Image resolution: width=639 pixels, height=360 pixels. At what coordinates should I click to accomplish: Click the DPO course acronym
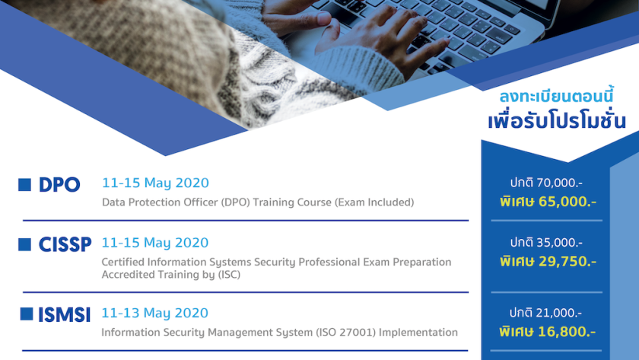point(59,185)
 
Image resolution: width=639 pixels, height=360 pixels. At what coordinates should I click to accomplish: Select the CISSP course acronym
point(65,244)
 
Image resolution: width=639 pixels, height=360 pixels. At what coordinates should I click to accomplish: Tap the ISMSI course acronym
point(64,315)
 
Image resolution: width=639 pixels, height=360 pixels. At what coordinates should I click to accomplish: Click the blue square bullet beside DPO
point(24,185)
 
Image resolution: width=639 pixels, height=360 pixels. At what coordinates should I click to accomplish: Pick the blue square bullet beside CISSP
point(24,244)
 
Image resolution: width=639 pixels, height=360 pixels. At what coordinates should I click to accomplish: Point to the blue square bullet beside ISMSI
point(27,314)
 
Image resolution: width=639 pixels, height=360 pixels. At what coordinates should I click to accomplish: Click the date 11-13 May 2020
point(155,313)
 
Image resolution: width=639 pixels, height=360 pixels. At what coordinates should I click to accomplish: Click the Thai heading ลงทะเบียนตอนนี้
point(557,97)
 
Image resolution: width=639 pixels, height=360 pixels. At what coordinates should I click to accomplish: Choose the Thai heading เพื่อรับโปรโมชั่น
point(557,121)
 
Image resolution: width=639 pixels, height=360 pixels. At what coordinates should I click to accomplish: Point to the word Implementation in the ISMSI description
point(418,333)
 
